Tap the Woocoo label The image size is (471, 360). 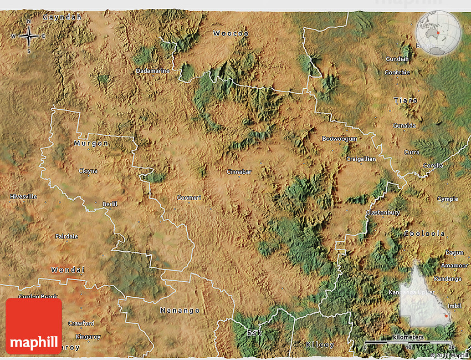click(x=231, y=34)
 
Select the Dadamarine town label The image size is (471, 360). click(x=153, y=71)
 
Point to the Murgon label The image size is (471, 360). click(x=91, y=143)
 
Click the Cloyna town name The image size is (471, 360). click(x=88, y=171)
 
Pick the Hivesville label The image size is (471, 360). click(x=23, y=196)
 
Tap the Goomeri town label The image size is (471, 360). click(x=188, y=197)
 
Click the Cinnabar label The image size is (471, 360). click(x=239, y=172)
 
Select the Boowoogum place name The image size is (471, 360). click(x=339, y=139)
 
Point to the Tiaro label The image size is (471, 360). click(x=406, y=100)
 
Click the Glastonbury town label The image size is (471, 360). click(x=382, y=212)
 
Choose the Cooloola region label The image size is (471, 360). click(x=424, y=234)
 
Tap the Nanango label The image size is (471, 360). click(x=180, y=311)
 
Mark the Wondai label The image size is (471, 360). click(x=68, y=270)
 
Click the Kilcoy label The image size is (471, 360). click(x=320, y=344)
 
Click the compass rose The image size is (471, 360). click(x=28, y=36)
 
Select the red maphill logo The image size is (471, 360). click(x=34, y=326)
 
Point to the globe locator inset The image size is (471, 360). click(x=438, y=33)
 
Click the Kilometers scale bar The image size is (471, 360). click(x=408, y=341)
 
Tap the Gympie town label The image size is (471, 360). click(x=448, y=199)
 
